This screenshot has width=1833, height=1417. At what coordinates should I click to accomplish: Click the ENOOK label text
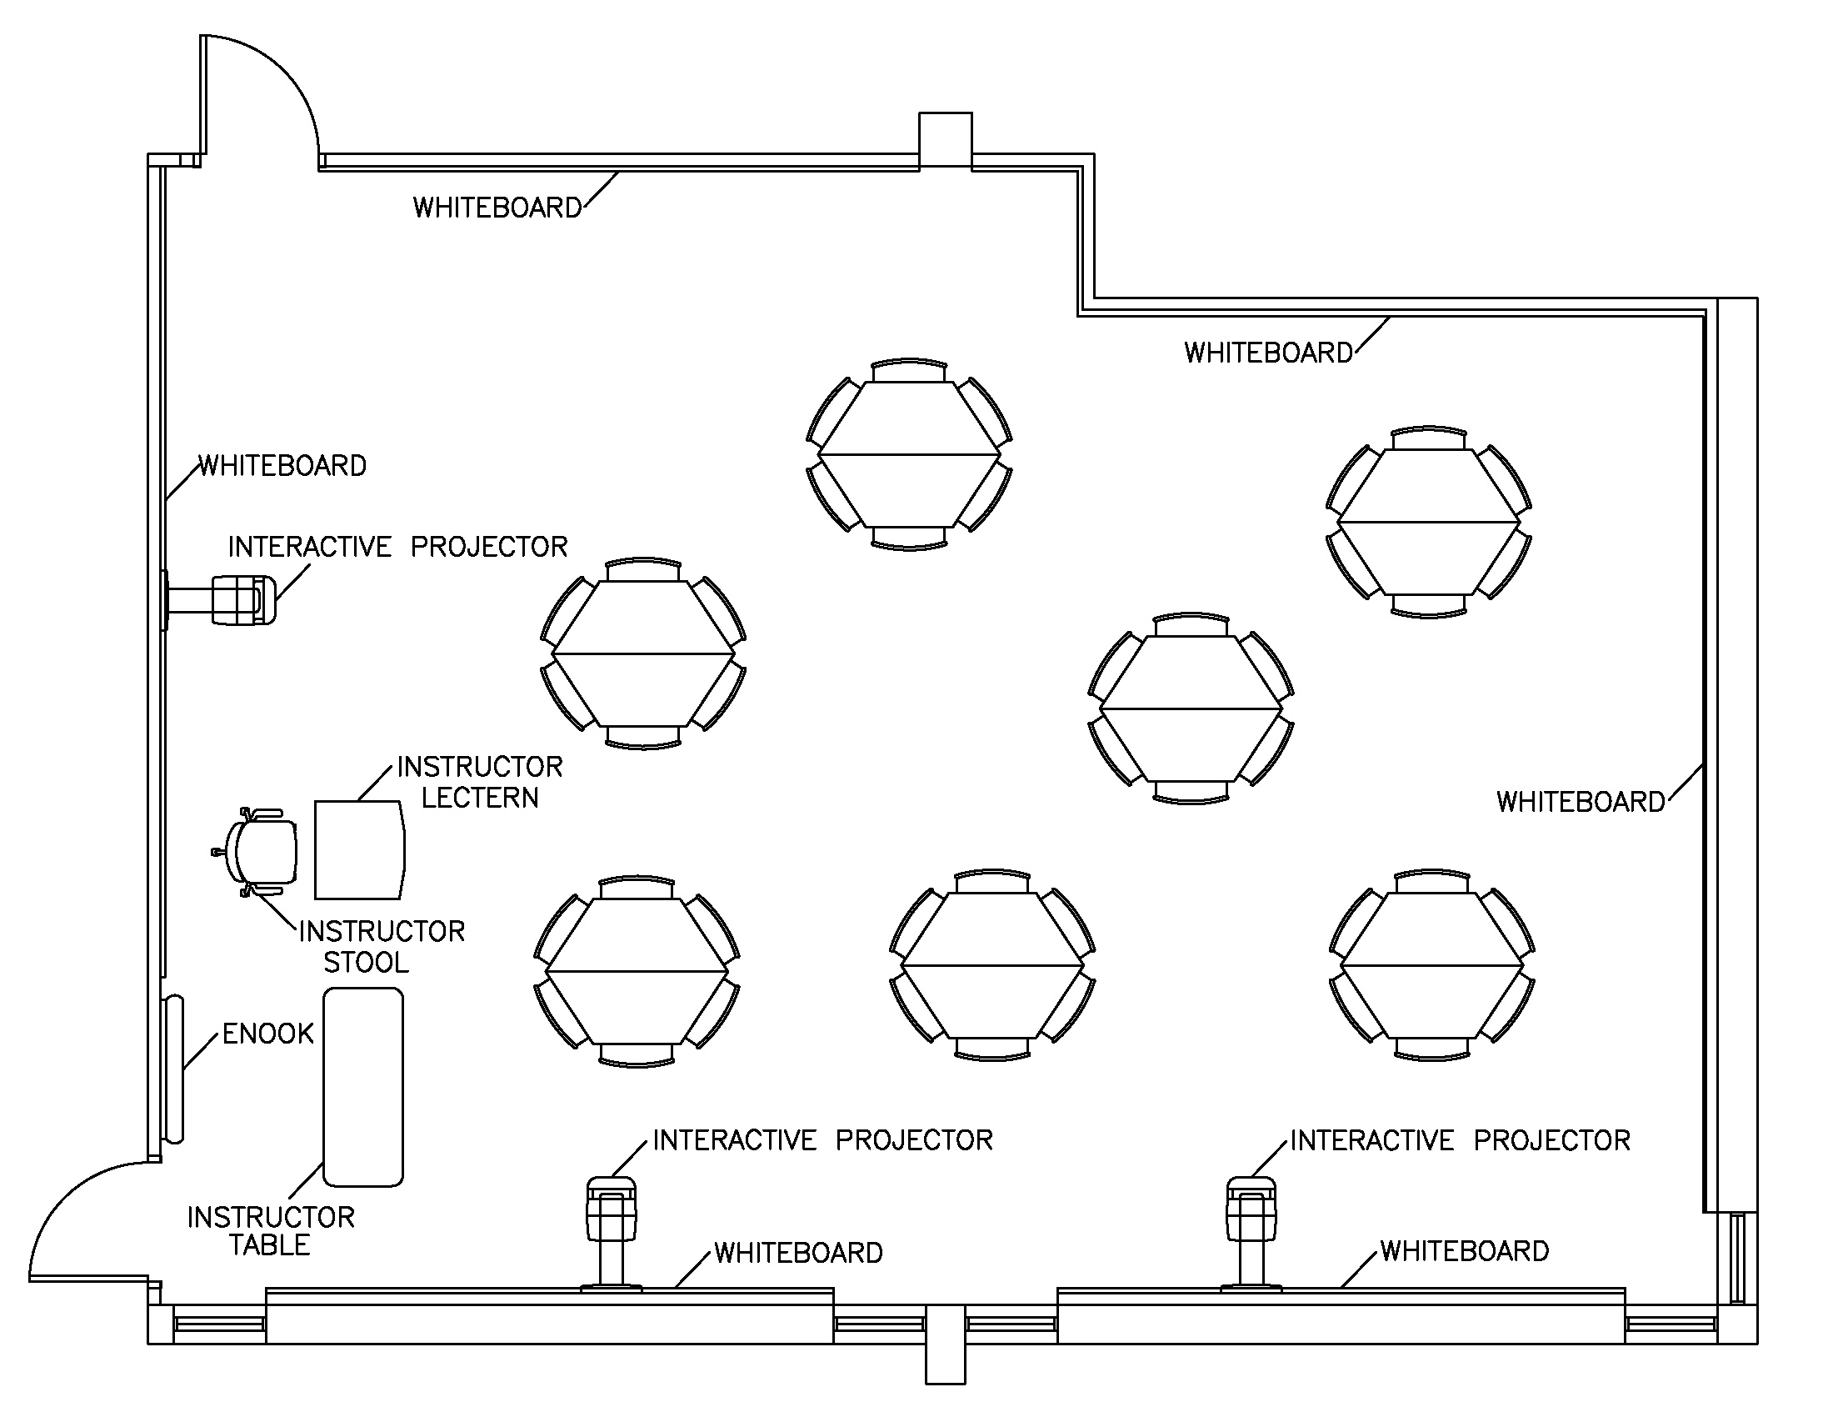[267, 1034]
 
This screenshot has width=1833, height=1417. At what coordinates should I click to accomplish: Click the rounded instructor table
[363, 1087]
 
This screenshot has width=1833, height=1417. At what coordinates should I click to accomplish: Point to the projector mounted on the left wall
[242, 599]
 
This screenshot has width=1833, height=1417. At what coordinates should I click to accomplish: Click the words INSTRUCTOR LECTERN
[479, 782]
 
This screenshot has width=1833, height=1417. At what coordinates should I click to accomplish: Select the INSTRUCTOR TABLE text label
[270, 1230]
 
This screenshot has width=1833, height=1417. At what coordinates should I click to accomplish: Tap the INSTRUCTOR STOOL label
[381, 946]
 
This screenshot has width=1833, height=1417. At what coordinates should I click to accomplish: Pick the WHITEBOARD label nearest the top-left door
[497, 208]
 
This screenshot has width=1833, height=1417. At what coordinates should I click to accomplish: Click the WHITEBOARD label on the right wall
[1581, 802]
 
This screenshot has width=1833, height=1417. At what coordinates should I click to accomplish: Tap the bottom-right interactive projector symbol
[1251, 1209]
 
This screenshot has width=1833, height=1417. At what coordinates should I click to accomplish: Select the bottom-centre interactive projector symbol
[611, 1209]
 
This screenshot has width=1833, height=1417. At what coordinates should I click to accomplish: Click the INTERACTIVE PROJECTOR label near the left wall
[397, 547]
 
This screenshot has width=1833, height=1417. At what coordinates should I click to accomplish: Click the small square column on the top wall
[945, 139]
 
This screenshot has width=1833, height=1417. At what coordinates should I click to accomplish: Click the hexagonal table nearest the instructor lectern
[643, 653]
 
